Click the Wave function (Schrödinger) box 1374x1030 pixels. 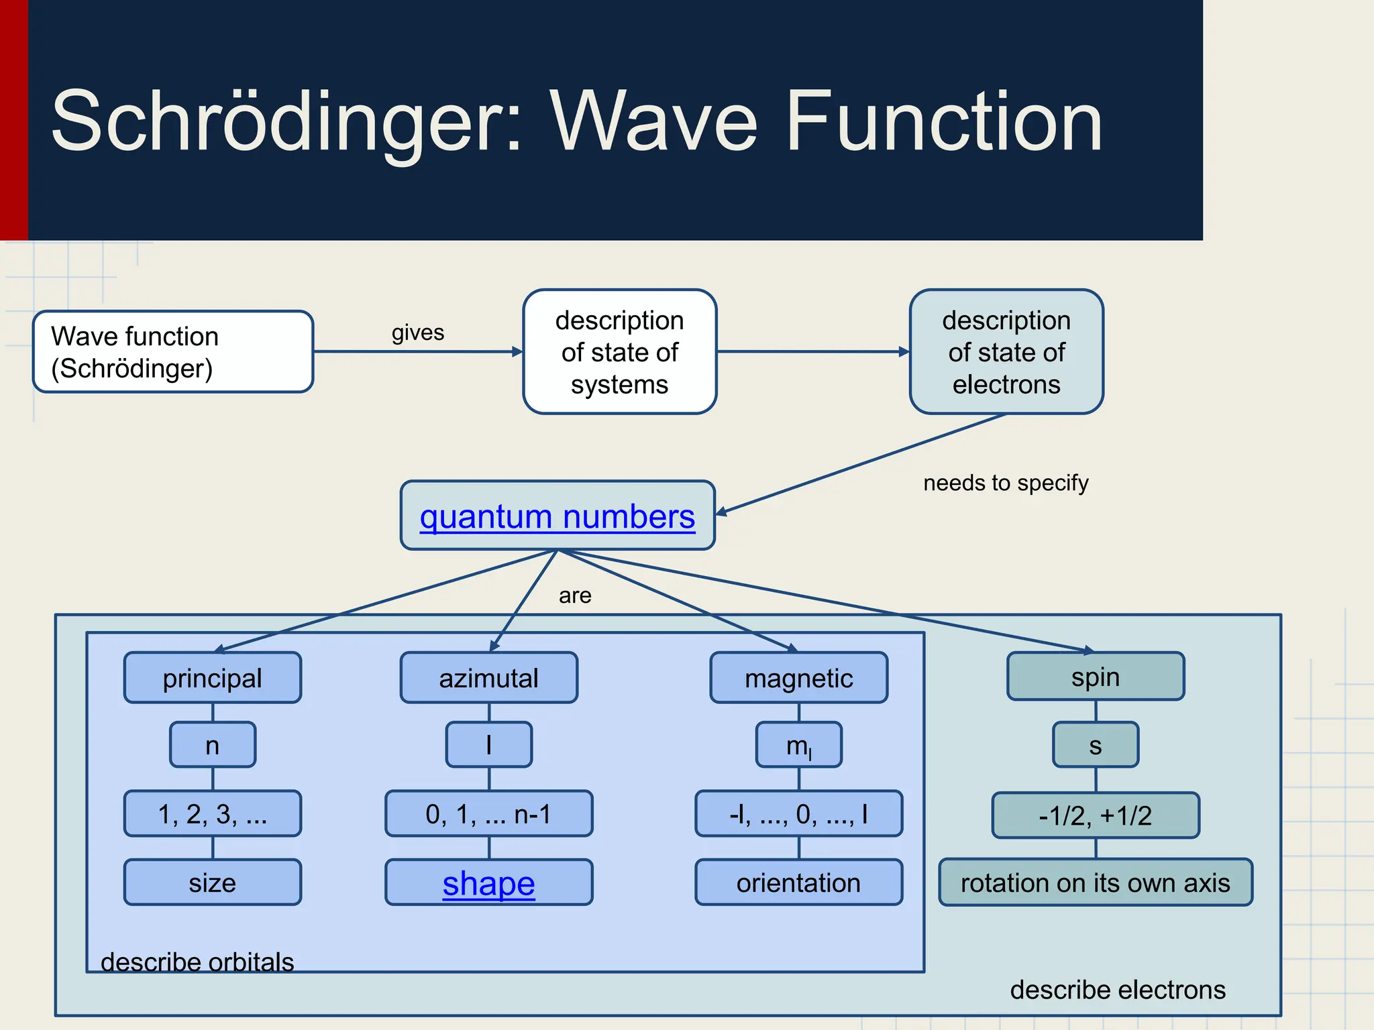172,351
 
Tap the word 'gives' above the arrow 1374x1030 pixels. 417,333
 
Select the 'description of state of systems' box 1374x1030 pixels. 619,352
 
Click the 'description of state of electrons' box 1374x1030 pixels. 1006,352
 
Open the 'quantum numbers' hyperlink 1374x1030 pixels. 557,517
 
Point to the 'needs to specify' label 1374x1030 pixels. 1005,483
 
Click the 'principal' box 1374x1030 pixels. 212,678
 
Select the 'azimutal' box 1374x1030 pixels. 488,678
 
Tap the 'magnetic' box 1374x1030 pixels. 798,678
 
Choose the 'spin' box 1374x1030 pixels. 1095,677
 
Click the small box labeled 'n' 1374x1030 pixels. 212,745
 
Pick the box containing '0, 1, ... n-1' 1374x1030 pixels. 488,814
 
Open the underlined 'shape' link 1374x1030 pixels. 488,883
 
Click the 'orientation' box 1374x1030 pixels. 798,882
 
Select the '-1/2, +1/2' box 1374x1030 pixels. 1095,815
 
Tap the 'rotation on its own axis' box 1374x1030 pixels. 1095,882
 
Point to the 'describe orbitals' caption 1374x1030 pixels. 197,962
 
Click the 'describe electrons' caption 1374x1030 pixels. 1118,990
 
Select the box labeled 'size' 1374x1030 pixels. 212,882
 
